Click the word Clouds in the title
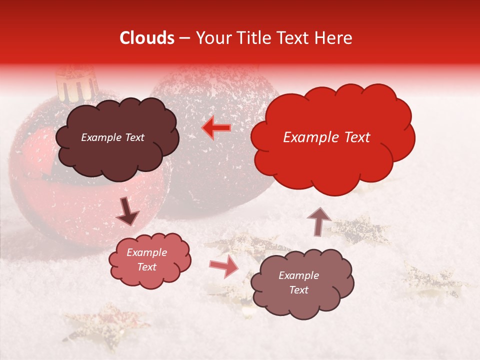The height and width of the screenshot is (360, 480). tap(147, 38)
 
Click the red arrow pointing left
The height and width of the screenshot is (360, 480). tap(216, 128)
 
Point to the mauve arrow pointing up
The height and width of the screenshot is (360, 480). tap(319, 221)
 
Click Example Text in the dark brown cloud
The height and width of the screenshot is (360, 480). tap(112, 137)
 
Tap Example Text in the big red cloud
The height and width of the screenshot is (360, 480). tap(326, 137)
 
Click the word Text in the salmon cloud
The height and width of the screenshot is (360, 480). tap(147, 267)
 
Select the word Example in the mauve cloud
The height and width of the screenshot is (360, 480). tap(298, 275)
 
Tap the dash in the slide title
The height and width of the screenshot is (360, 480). tap(184, 38)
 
